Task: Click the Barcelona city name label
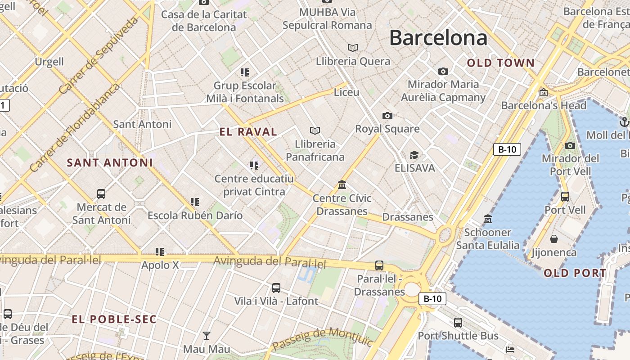coord(438,38)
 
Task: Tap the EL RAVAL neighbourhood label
coord(248,132)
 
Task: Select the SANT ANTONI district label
coord(110,162)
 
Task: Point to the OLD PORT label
coord(575,273)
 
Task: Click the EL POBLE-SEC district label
coord(114,319)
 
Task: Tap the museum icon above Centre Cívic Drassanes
coord(342,185)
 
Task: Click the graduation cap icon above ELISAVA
coord(414,155)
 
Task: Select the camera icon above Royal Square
coord(387,116)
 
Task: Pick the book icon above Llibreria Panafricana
coord(315,131)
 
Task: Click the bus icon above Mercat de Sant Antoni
coord(101,194)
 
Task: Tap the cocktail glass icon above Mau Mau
coord(207,335)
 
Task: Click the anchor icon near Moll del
coord(624,121)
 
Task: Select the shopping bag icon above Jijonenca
coord(554,239)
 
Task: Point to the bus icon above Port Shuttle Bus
coord(458,323)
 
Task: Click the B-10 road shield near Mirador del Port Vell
coord(507,149)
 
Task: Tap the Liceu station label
coord(346,92)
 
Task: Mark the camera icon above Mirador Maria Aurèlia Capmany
coord(443,71)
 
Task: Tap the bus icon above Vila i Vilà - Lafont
coord(276,288)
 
